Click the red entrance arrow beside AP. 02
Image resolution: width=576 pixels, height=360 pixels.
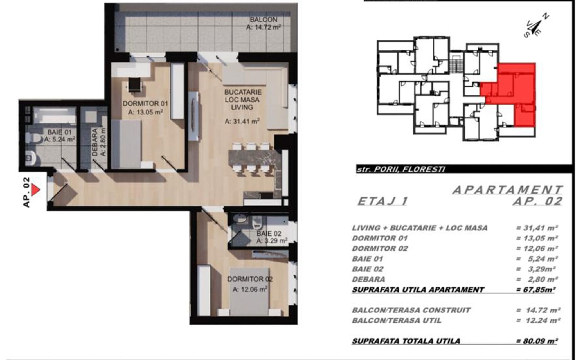point(35,190)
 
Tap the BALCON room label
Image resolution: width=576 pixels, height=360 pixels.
point(264,20)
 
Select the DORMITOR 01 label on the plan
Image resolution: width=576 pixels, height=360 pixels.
point(145,103)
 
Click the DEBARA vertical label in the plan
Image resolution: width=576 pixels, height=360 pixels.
point(95,142)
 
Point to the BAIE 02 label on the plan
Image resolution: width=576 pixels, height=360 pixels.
point(269,233)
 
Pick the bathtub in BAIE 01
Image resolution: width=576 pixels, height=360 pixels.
point(55,115)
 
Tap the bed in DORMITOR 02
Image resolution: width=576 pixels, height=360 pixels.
point(250,291)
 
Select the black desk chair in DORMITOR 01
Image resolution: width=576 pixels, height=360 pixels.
point(134,85)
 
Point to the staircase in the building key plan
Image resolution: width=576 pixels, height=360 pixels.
point(456,63)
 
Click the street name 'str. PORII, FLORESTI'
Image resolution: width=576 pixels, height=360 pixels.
point(401,169)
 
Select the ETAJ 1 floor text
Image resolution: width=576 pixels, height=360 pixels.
point(382,201)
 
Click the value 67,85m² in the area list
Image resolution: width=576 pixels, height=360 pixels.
point(535,289)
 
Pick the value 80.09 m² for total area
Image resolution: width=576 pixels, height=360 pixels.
point(537,341)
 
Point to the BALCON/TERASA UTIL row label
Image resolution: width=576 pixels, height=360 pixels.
point(397,320)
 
